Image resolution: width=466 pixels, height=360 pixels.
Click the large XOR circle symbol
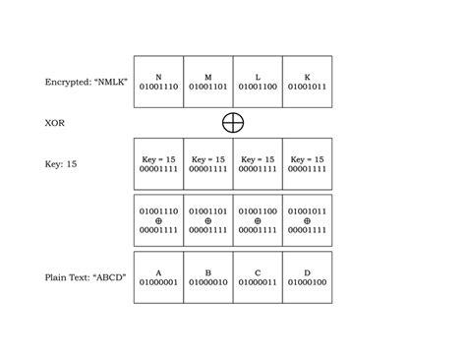tap(233, 122)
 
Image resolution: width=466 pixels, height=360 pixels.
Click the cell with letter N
tap(158, 82)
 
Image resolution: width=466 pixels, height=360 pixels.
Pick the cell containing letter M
tap(207, 82)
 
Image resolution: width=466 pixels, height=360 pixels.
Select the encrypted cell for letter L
tap(258, 82)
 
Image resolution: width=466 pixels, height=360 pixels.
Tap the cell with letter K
tap(307, 82)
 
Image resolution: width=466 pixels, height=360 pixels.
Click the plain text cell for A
tap(158, 277)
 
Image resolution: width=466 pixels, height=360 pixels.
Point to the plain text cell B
tap(207, 277)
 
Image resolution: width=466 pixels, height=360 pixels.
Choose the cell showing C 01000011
tap(258, 277)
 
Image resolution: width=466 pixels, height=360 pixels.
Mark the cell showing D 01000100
tap(307, 277)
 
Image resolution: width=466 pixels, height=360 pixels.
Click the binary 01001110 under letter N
tap(158, 88)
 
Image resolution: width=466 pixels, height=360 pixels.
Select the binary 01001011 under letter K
tap(307, 88)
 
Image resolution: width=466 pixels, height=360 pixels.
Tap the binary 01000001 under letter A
tap(158, 283)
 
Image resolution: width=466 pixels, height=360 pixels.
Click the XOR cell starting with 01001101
tap(207, 220)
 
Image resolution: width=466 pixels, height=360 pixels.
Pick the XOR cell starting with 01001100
tap(258, 220)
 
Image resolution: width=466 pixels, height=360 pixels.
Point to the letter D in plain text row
tap(307, 271)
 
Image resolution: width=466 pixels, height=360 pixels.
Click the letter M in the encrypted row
tap(207, 76)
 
